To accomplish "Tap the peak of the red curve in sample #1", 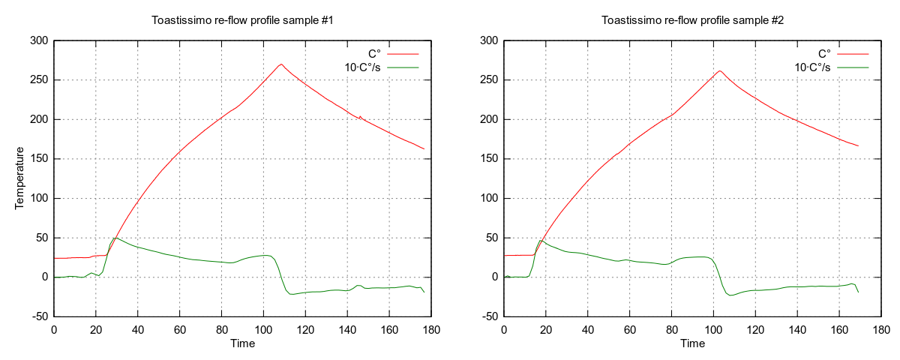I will pyautogui.click(x=281, y=64).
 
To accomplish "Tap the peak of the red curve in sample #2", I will pyautogui.click(x=720, y=71).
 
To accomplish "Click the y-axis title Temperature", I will pyautogui.click(x=20, y=178).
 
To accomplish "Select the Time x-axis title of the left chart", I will pyautogui.click(x=242, y=343).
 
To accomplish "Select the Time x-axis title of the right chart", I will pyautogui.click(x=692, y=343).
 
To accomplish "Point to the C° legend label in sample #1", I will pyautogui.click(x=373, y=54).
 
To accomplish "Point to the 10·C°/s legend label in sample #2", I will pyautogui.click(x=812, y=67).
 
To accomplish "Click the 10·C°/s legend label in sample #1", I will pyautogui.click(x=362, y=67).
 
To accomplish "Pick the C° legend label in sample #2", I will pyautogui.click(x=823, y=54).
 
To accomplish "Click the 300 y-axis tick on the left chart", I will pyautogui.click(x=38, y=40).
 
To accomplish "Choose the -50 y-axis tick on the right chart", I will pyautogui.click(x=487, y=316).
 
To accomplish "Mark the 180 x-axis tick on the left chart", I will pyautogui.click(x=430, y=328).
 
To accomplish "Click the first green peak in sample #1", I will pyautogui.click(x=114, y=238).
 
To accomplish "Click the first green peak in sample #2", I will pyautogui.click(x=541, y=241).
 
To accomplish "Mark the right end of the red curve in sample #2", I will pyautogui.click(x=858, y=145).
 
